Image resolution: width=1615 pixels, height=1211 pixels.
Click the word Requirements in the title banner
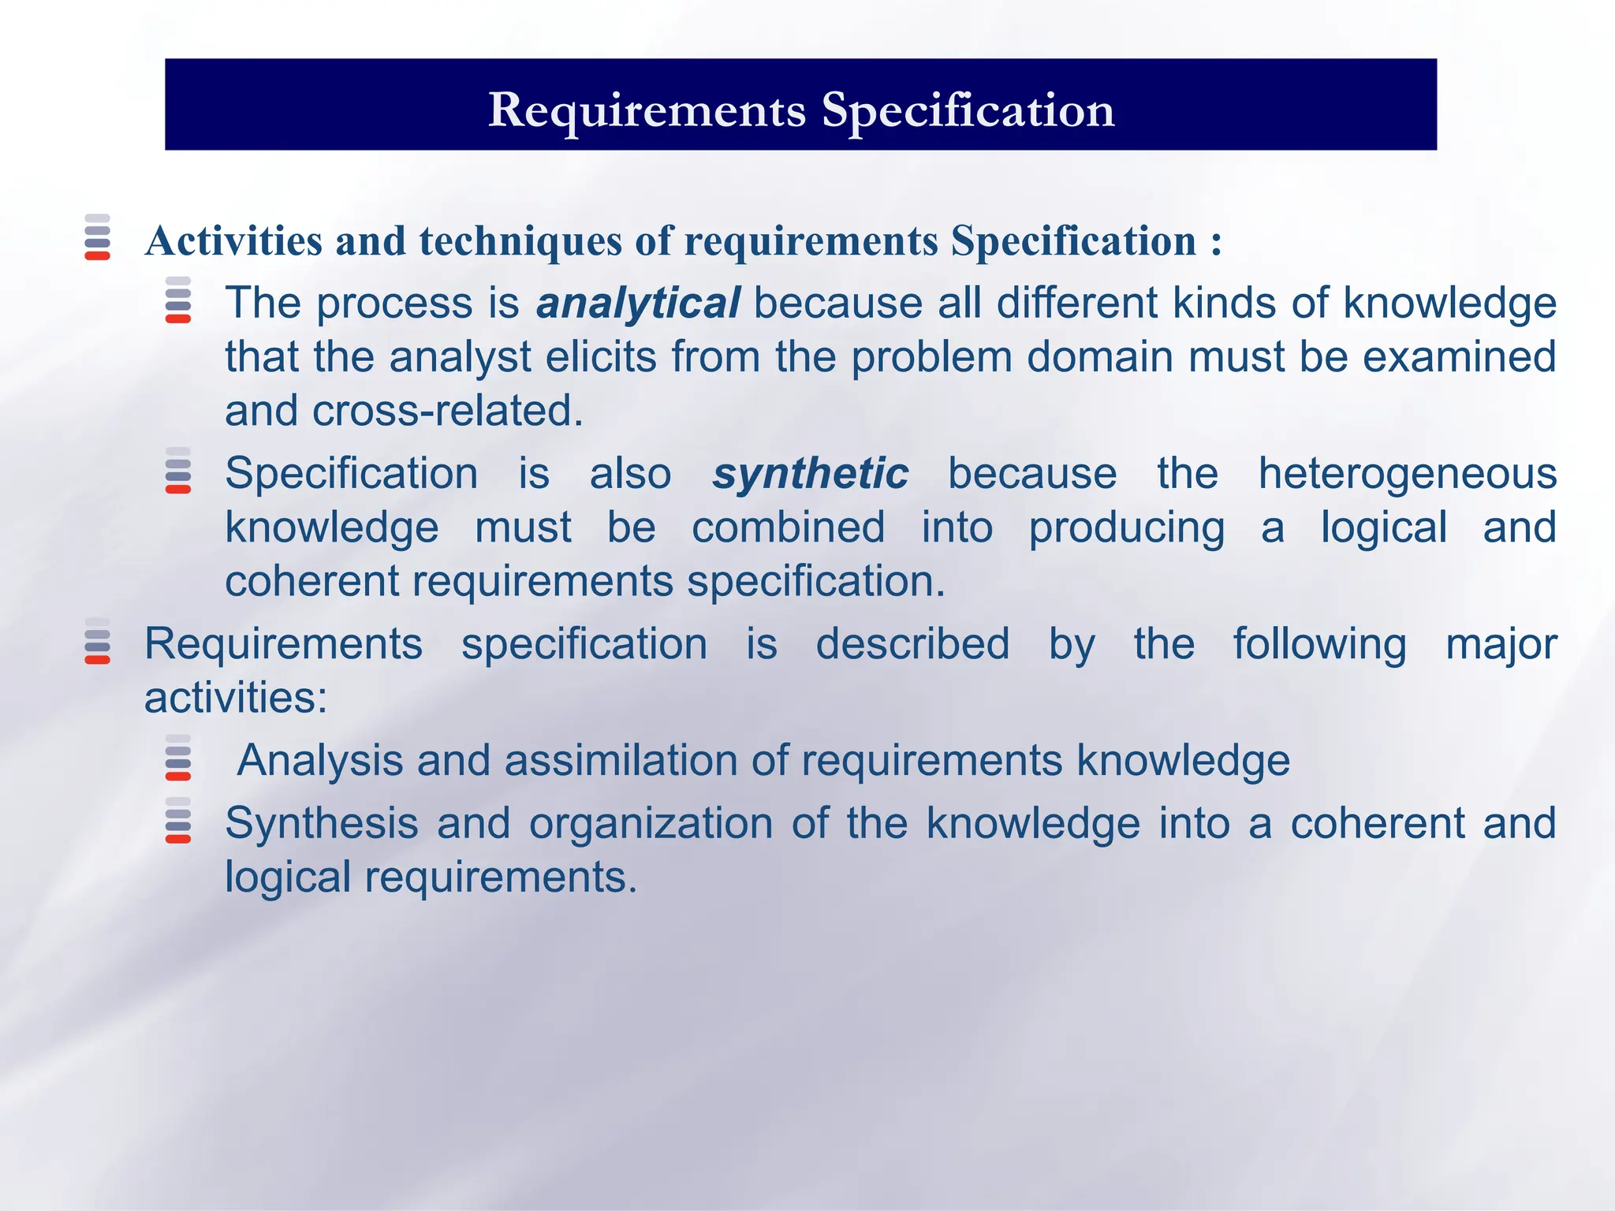click(647, 110)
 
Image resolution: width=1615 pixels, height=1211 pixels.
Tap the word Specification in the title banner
click(968, 110)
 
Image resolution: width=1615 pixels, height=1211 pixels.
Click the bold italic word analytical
click(637, 304)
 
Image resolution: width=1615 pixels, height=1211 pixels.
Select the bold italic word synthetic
click(810, 474)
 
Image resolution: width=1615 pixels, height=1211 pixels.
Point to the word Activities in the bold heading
click(233, 240)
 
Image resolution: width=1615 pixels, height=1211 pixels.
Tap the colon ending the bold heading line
click(1217, 242)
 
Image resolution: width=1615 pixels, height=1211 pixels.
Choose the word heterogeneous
click(1407, 474)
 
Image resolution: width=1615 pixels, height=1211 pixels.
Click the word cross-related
click(447, 411)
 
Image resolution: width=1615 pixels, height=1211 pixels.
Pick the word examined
click(1459, 357)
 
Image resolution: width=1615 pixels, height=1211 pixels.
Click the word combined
click(788, 527)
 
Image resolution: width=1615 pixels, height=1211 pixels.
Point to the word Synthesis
click(322, 824)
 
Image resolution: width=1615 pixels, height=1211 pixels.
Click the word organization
click(651, 824)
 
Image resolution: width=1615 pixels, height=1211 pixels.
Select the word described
click(912, 644)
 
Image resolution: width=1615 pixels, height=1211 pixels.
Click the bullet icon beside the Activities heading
click(97, 237)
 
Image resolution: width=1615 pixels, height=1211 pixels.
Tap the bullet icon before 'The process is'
click(178, 300)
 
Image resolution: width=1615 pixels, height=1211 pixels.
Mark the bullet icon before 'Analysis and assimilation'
click(178, 758)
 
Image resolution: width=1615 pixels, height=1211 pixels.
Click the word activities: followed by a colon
click(236, 698)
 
